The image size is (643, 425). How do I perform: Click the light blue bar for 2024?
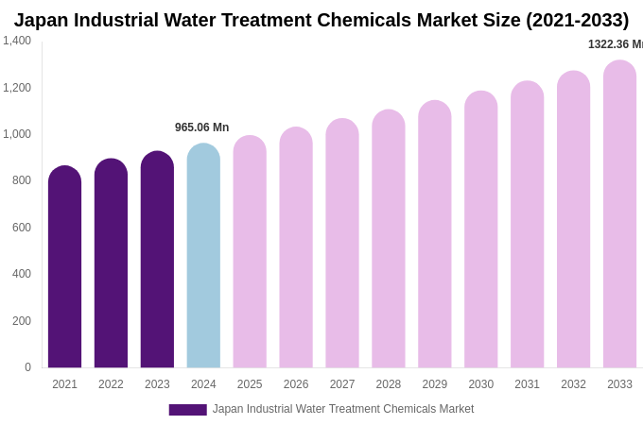[x=203, y=257]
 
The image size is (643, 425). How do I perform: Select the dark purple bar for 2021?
[x=64, y=268]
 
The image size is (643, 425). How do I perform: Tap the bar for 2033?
[x=619, y=215]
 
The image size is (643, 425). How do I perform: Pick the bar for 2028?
[x=388, y=240]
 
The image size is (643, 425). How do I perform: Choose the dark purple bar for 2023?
[x=157, y=261]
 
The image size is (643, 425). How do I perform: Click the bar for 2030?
[x=480, y=230]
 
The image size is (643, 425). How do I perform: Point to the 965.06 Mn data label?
[x=201, y=127]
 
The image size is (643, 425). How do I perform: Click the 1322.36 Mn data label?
[x=615, y=44]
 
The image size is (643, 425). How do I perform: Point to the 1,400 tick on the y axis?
[x=17, y=41]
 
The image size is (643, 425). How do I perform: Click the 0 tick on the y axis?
[x=27, y=367]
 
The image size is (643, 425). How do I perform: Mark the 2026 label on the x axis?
[x=296, y=384]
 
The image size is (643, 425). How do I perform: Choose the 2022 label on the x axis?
[x=111, y=384]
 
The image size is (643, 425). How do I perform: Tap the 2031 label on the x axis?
[x=527, y=384]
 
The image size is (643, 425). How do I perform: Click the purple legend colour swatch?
[x=187, y=410]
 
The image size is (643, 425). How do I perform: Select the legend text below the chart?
[x=343, y=409]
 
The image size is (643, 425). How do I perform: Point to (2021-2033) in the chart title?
[x=577, y=20]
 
